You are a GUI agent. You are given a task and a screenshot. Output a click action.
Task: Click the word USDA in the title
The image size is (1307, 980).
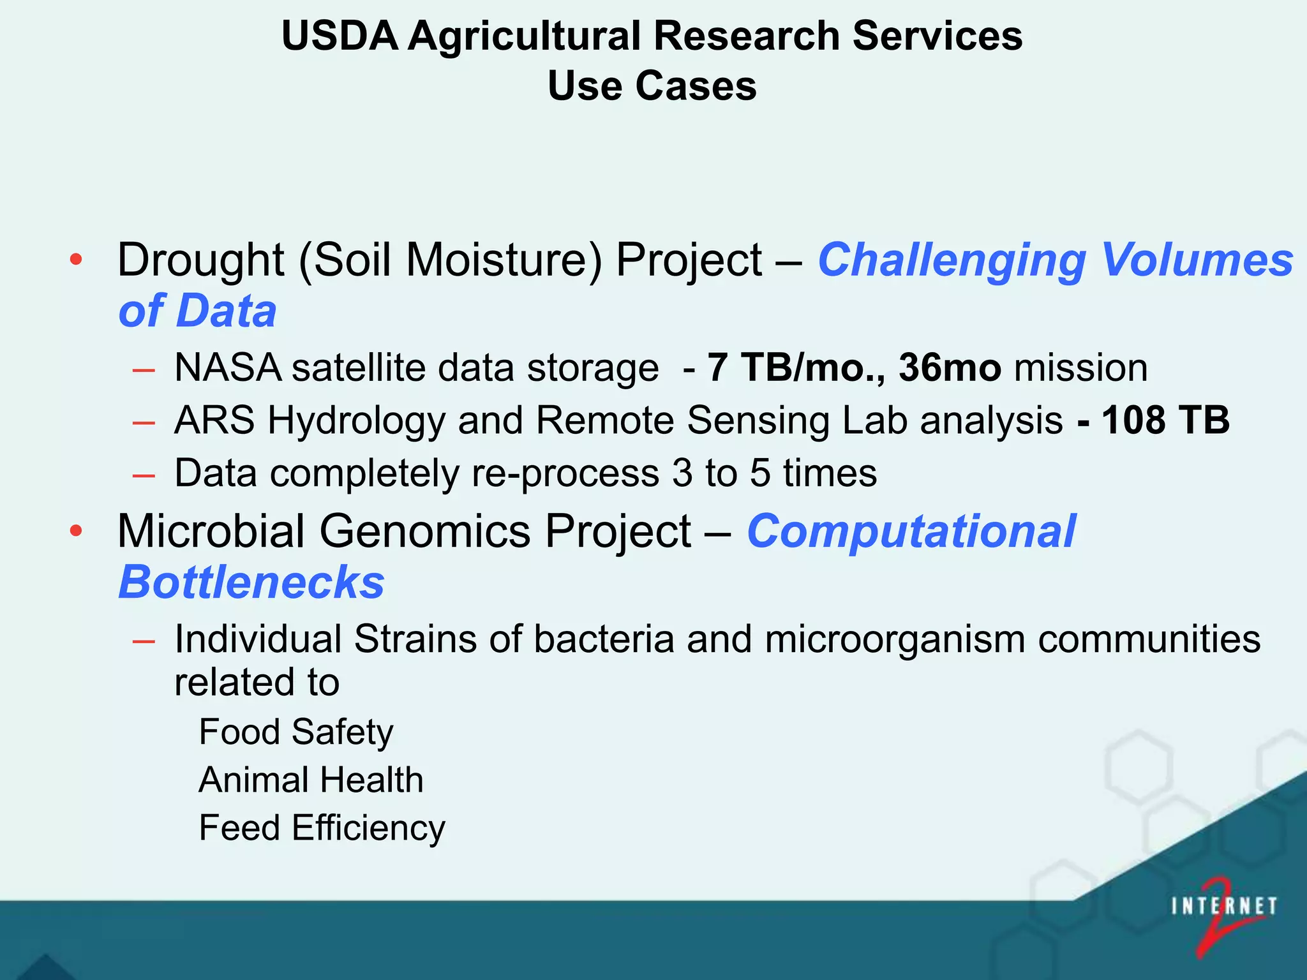pos(340,36)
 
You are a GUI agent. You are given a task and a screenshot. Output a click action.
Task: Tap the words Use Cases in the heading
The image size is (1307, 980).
pos(652,86)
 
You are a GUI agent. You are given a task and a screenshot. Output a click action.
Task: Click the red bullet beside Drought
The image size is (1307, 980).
pos(76,260)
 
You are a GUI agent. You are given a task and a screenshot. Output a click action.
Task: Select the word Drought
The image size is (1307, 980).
pos(200,260)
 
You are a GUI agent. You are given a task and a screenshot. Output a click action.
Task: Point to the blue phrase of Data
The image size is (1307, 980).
pos(197,311)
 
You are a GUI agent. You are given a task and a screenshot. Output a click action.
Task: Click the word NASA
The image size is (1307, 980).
pos(228,368)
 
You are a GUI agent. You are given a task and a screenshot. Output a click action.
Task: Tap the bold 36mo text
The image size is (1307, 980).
pos(949,368)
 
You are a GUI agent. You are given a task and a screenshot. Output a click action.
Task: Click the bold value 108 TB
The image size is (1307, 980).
pos(1165,420)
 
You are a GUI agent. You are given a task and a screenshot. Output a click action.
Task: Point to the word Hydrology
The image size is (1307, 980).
pos(356,421)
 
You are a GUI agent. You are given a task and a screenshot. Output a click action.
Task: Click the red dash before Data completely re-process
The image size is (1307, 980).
pos(144,475)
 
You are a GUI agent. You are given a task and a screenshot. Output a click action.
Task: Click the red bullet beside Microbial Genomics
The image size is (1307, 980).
pos(76,531)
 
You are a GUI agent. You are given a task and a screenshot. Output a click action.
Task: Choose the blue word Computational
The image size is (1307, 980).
pos(911,531)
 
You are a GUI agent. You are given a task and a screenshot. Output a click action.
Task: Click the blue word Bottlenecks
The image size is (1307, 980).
pos(251,583)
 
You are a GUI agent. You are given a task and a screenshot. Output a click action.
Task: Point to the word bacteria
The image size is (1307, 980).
pos(604,639)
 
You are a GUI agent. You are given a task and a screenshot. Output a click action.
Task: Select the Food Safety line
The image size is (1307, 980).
pos(295,732)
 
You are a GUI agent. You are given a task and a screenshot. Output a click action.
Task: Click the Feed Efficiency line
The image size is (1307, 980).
pos(322,828)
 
